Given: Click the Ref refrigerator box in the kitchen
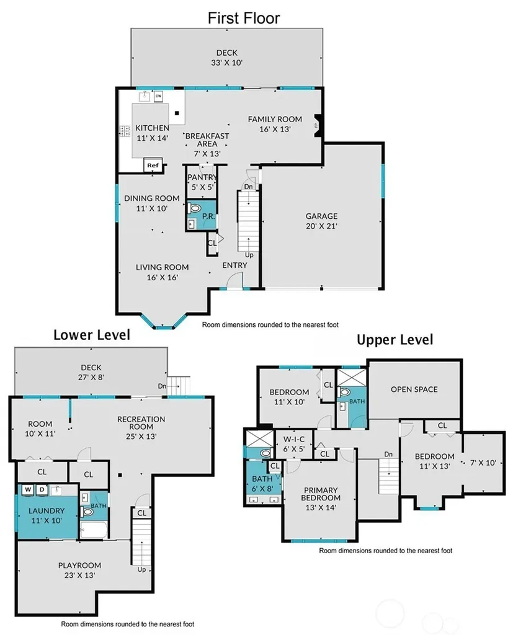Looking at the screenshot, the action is coord(153,165).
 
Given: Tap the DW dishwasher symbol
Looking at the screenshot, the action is coord(158,96).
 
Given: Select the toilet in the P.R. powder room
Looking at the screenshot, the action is coord(195,209).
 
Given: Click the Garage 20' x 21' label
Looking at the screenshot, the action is coord(321,221).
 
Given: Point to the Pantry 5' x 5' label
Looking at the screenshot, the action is coord(202,182).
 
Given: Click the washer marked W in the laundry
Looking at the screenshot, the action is coord(28,490).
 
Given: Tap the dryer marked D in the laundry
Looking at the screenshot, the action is coord(42,490).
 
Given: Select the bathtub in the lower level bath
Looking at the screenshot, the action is coord(94,530).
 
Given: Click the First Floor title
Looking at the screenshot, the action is coord(244,18).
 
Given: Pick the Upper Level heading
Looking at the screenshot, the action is coord(395,339).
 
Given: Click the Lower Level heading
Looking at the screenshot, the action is coord(92,335).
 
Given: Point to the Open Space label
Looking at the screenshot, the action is coord(414,389).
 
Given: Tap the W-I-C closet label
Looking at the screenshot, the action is coord(294,439).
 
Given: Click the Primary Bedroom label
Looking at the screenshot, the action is coord(321,494).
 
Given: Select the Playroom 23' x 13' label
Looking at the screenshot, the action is coord(79,571).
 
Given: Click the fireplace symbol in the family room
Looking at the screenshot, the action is coord(318,122).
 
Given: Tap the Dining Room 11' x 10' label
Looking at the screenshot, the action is coord(151,203).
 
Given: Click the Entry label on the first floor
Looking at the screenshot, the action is coord(234,265).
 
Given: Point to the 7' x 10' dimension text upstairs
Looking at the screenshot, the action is coord(483,463).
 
